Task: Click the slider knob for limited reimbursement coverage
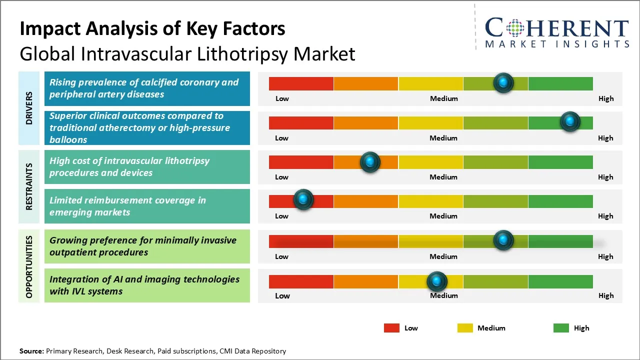(303, 199)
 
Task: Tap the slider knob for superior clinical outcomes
(569, 121)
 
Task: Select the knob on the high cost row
(370, 161)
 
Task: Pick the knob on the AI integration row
(437, 281)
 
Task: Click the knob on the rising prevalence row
(503, 82)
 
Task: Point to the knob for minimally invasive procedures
(503, 240)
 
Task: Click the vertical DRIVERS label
(29, 108)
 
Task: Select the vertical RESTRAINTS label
(29, 186)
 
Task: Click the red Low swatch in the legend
(391, 328)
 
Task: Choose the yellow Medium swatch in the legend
(465, 328)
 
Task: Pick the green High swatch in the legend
(561, 328)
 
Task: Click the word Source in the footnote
(31, 351)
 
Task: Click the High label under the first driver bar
(605, 98)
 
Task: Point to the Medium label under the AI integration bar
(443, 295)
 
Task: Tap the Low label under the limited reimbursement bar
(281, 216)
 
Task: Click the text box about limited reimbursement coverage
(147, 206)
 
